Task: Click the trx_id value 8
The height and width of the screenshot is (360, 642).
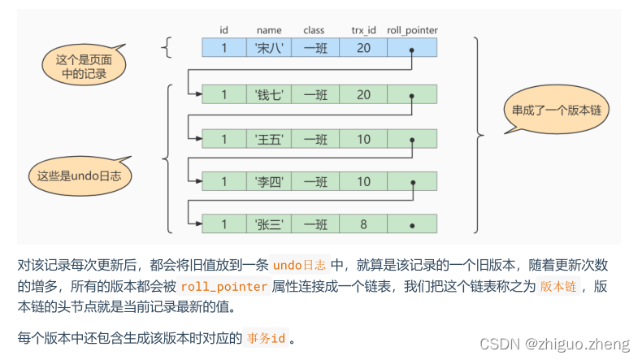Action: pos(363,223)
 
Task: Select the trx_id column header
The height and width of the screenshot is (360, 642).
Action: pos(363,30)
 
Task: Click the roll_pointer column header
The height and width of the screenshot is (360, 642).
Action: pos(412,30)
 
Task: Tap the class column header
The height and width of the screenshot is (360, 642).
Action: pos(314,30)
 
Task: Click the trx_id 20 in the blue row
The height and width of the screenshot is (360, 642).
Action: pos(363,47)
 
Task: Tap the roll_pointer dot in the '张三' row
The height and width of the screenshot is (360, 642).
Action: pos(413,223)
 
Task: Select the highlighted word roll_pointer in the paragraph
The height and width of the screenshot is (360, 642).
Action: pos(224,287)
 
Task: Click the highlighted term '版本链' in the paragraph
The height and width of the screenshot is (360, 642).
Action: pos(561,287)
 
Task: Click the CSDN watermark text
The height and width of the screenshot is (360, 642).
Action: pos(554,344)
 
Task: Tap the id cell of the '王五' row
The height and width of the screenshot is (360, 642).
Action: pos(224,139)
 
